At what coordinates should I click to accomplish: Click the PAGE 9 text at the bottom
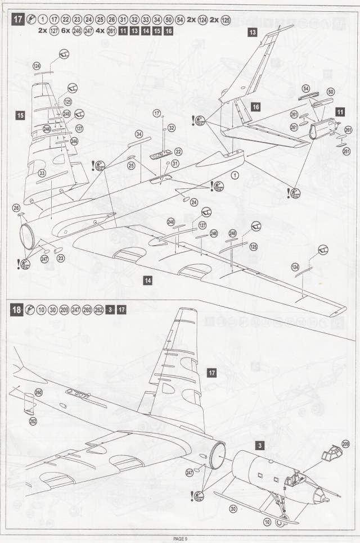180,539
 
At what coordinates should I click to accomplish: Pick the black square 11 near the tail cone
341,112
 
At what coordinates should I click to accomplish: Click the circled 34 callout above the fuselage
139,134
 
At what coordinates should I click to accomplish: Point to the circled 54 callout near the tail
305,89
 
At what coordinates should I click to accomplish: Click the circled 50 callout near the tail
330,92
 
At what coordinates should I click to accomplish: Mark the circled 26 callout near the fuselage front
16,207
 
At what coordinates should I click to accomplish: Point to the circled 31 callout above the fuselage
175,163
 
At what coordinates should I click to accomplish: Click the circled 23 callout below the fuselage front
61,258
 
